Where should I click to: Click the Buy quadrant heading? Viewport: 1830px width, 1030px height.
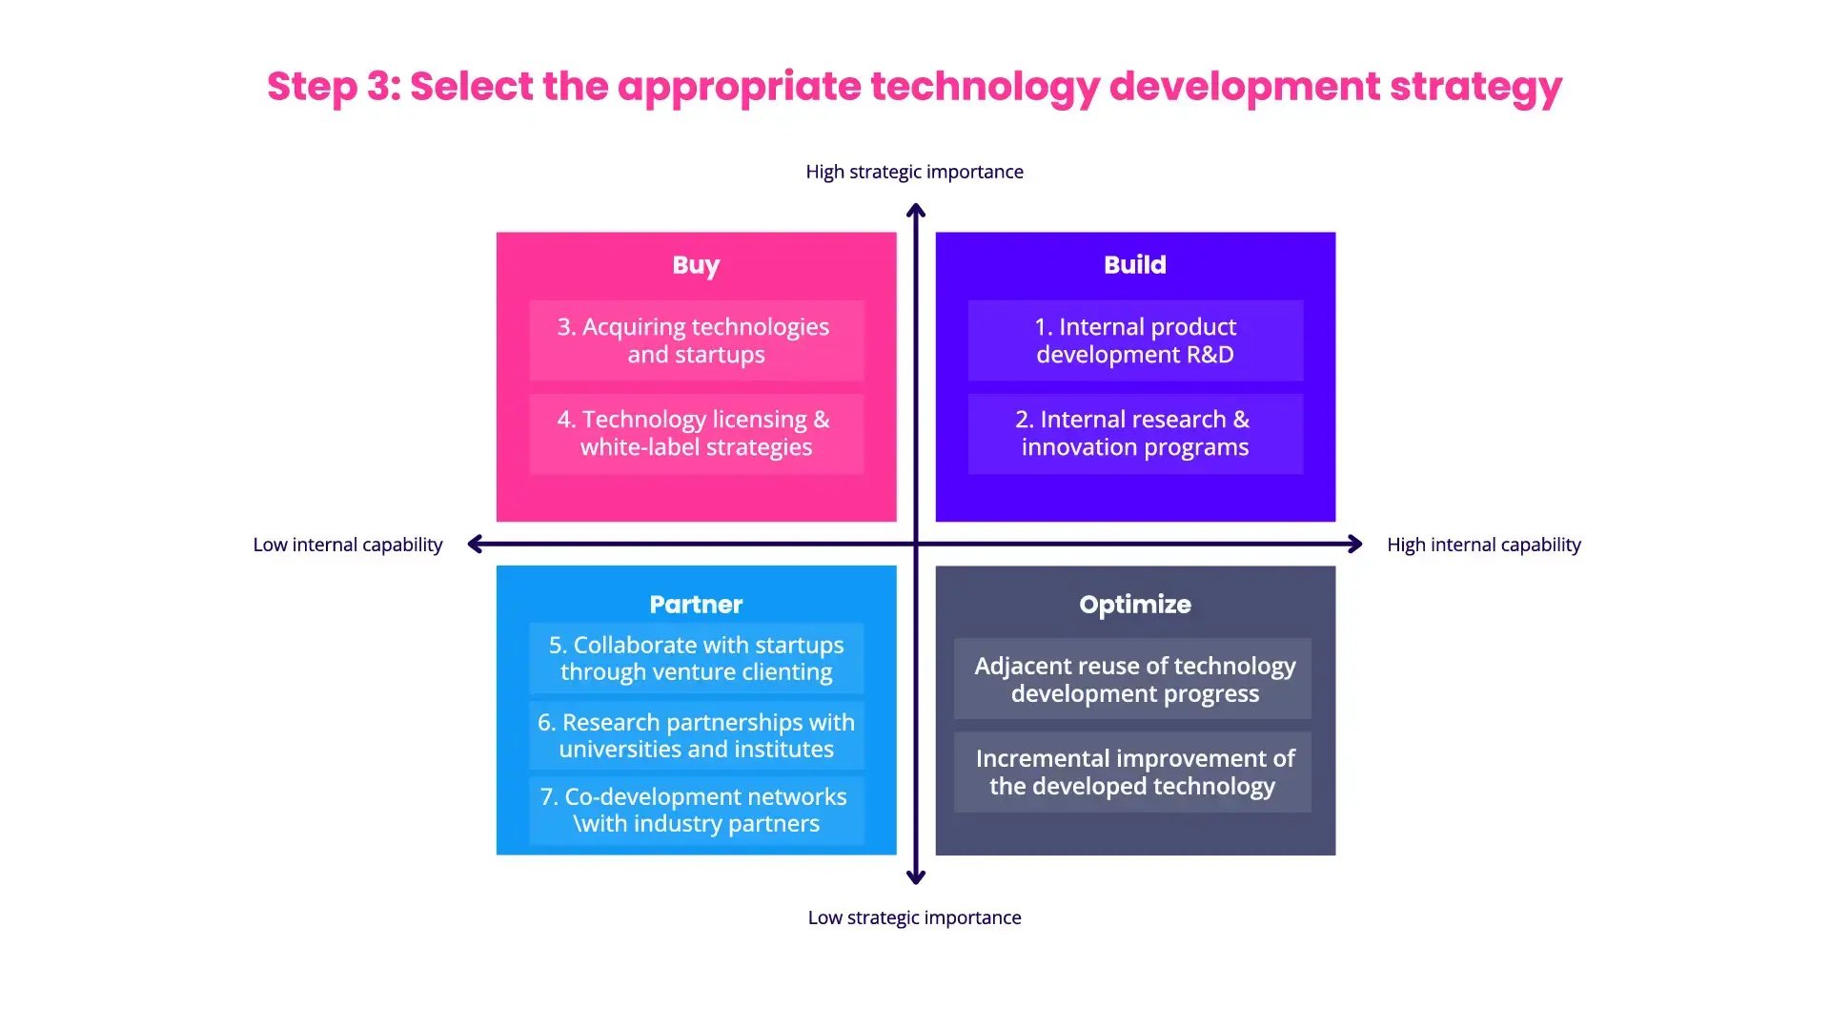tap(696, 265)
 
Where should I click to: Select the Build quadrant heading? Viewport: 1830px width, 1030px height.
tap(1134, 265)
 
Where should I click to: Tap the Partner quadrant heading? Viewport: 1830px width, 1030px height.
tap(696, 605)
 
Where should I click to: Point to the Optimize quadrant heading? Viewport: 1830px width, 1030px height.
tap(1134, 605)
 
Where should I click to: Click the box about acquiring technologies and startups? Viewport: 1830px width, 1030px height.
tap(696, 340)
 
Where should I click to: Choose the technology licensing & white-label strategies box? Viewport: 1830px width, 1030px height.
tap(696, 434)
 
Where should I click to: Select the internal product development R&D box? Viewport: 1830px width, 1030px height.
tap(1134, 340)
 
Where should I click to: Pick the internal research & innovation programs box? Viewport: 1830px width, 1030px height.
tap(1134, 434)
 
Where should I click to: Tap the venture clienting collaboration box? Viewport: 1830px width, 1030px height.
tap(696, 658)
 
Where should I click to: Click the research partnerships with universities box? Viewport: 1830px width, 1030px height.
tap(696, 735)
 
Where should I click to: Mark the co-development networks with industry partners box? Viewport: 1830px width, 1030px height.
tap(696, 810)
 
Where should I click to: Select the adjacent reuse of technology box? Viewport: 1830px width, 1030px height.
tap(1134, 679)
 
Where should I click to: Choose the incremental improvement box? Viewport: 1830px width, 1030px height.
tap(1134, 772)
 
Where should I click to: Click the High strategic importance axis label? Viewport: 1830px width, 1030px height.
tap(914, 172)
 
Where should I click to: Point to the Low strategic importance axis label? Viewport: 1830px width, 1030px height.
tap(914, 917)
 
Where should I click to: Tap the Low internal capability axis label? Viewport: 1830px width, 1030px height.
tap(348, 545)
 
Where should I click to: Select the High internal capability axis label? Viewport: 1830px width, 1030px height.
tap(1483, 545)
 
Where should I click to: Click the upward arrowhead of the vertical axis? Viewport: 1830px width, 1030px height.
tap(916, 210)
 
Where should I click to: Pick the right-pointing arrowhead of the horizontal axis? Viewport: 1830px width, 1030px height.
tap(1355, 544)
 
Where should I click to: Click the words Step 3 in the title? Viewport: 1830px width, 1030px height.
tap(334, 87)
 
